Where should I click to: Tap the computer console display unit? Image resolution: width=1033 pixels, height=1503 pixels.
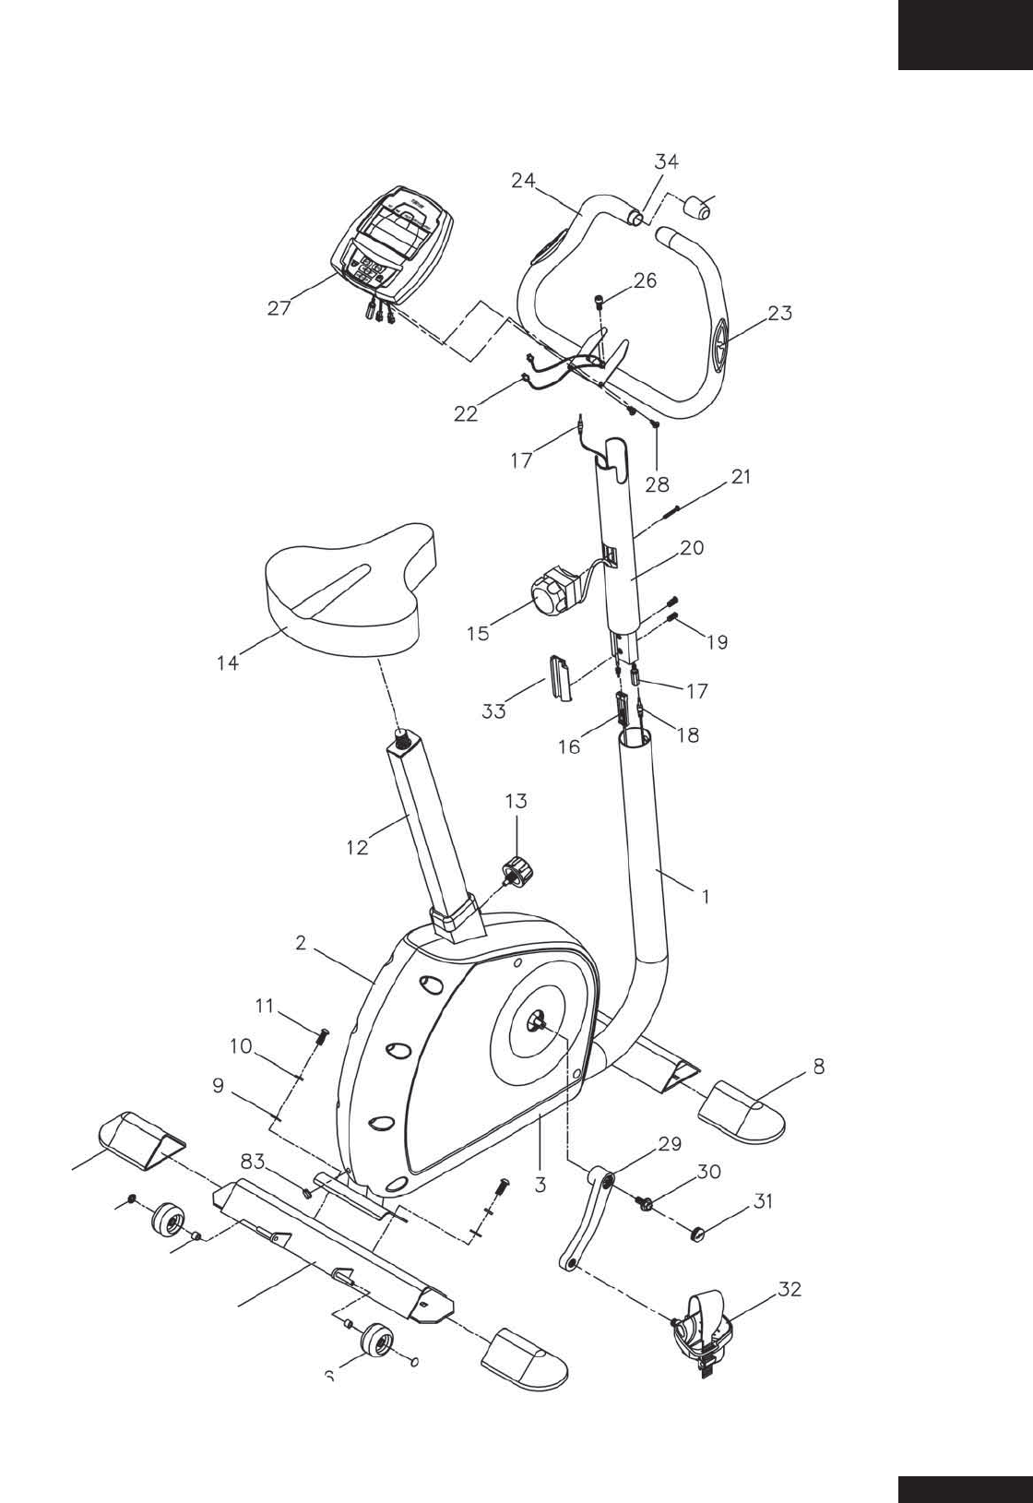pos(395,245)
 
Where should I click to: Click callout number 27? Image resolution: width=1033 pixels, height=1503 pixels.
pos(279,309)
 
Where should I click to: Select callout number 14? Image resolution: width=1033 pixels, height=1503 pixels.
pos(228,662)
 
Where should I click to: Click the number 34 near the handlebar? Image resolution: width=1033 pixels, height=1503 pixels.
pos(667,161)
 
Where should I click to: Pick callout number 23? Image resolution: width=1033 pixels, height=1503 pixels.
pos(779,313)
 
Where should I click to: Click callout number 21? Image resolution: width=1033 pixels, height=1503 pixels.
pos(741,477)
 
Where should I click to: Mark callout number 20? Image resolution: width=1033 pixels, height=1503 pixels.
pos(692,547)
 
